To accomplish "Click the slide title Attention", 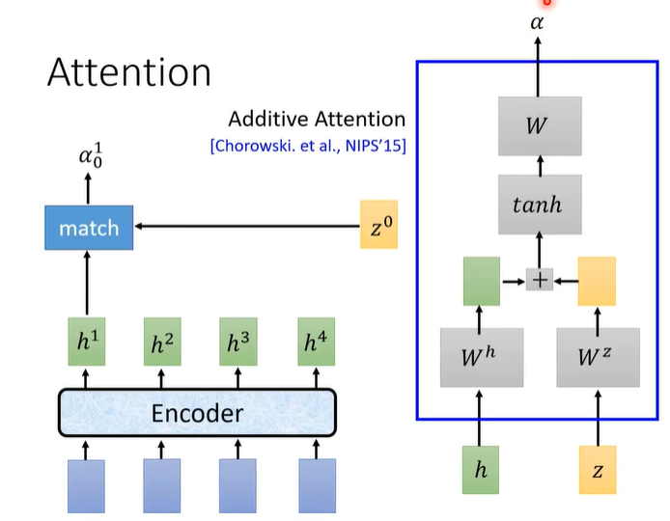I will pyautogui.click(x=129, y=73).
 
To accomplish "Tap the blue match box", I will pyautogui.click(x=89, y=229).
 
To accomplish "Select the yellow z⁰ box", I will pyautogui.click(x=377, y=228).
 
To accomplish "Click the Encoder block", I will pyautogui.click(x=197, y=414).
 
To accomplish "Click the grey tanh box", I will pyautogui.click(x=540, y=205).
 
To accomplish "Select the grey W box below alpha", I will pyautogui.click(x=540, y=126).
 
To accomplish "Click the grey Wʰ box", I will pyautogui.click(x=481, y=357).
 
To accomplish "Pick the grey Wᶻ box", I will pyautogui.click(x=598, y=357).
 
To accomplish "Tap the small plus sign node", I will pyautogui.click(x=540, y=280).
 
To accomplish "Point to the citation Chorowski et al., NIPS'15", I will pyautogui.click(x=308, y=146).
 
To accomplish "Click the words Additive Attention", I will pyautogui.click(x=317, y=120).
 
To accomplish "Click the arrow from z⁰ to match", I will pyautogui.click(x=246, y=228).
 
